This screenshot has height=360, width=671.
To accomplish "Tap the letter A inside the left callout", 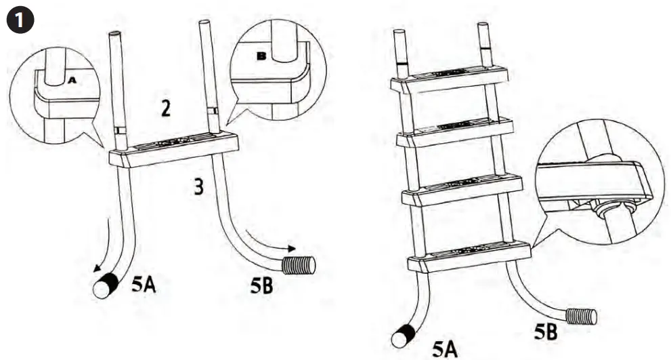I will [71, 79].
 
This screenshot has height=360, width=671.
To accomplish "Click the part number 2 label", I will [165, 108].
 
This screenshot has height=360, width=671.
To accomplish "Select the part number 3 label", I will [198, 186].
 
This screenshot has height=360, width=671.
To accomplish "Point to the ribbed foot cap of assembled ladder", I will [581, 316].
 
